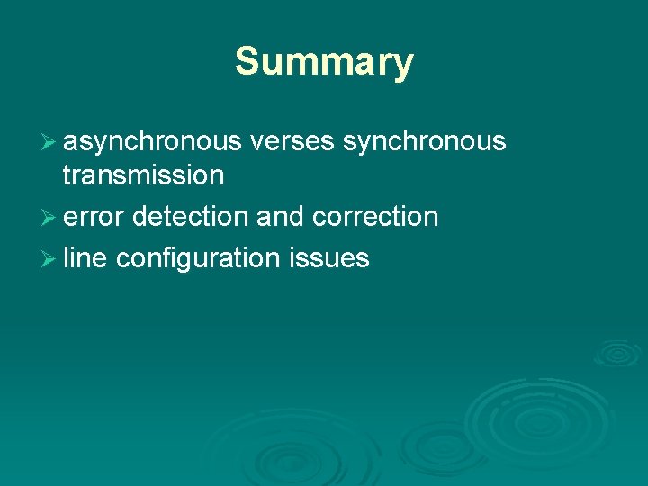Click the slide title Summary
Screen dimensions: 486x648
(324, 62)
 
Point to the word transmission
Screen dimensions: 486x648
(143, 175)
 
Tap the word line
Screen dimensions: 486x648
(85, 259)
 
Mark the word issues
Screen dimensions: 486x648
(329, 259)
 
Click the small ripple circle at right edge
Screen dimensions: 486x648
(616, 353)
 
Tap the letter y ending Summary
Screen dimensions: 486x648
(401, 65)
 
